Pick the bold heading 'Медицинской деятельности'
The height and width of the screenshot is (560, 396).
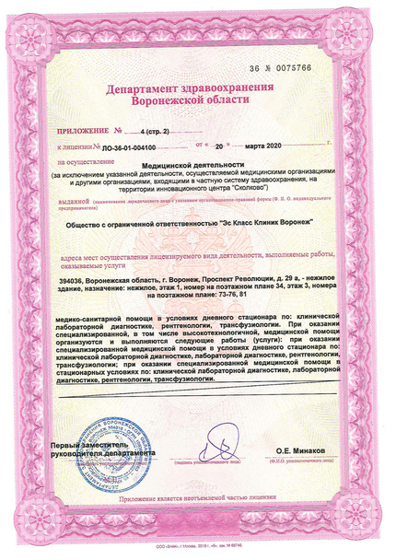(197, 163)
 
